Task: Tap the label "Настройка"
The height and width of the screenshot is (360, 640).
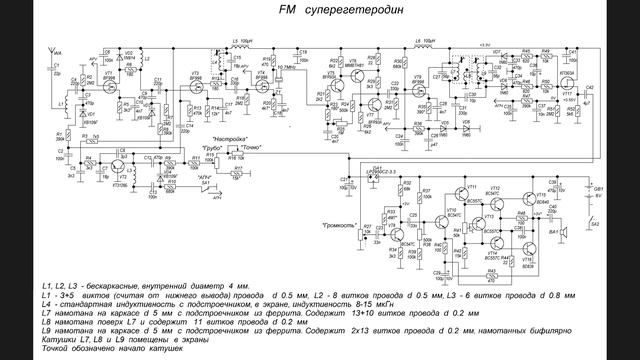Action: coord(230,129)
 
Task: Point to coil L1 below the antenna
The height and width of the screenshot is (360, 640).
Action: coord(62,103)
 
